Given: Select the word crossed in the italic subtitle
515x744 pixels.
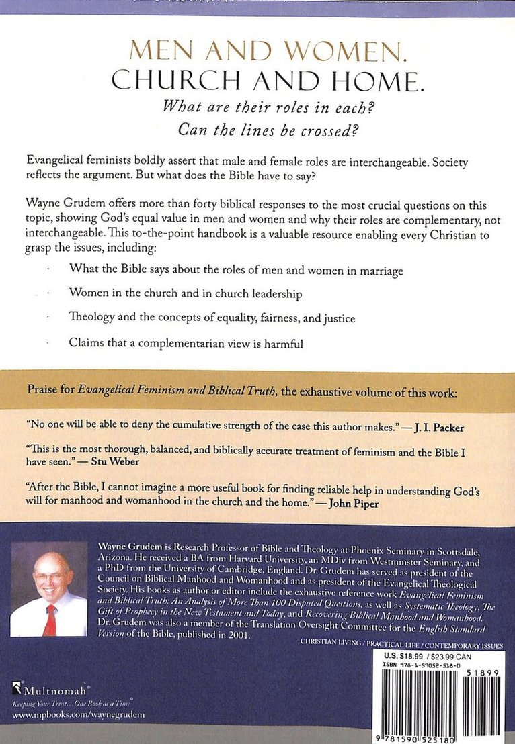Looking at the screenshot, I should (339, 130).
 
